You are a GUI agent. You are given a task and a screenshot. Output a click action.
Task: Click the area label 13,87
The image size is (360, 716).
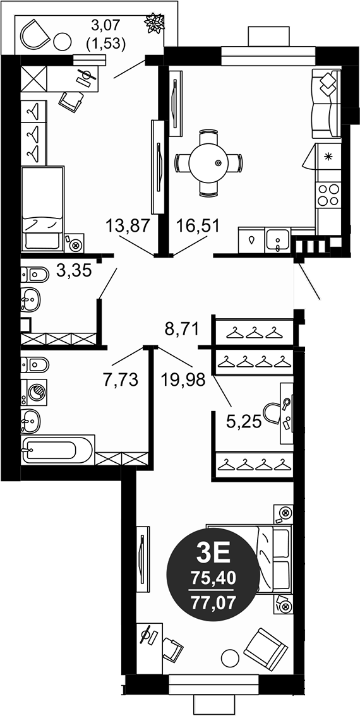(129, 225)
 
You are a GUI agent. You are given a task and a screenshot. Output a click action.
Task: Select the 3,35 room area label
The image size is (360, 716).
(74, 271)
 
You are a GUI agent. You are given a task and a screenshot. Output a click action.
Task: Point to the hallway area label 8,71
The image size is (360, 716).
(182, 328)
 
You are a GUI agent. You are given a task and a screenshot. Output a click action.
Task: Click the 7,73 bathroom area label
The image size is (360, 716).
(120, 379)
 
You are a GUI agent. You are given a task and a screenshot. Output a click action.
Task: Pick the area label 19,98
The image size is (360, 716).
(187, 379)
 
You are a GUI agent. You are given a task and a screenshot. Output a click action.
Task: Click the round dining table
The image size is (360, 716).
(209, 163)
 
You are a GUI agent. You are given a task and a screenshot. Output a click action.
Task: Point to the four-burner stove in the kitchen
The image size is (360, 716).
(328, 195)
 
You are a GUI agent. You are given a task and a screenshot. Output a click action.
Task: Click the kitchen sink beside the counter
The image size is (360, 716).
(277, 241)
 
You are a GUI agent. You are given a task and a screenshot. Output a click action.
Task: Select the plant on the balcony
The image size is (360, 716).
(153, 24)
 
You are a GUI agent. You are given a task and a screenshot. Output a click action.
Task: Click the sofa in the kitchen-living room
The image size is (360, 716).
(327, 104)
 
